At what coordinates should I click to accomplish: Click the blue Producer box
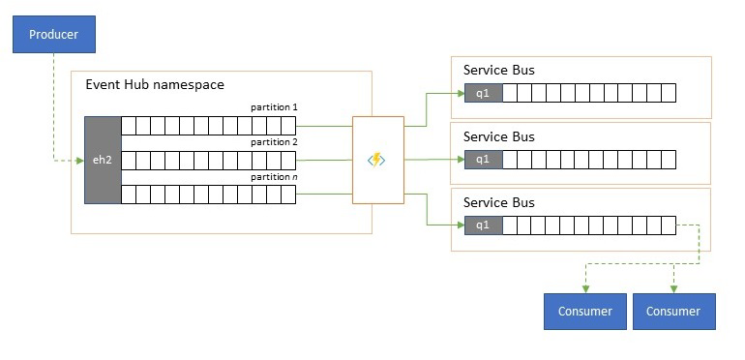(52, 36)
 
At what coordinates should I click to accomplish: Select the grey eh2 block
(103, 160)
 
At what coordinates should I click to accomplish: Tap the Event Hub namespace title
(156, 85)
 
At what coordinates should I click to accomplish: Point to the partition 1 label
(274, 106)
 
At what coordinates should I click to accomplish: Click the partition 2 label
(274, 142)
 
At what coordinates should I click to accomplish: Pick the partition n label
(274, 177)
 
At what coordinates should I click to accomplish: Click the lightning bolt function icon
(376, 160)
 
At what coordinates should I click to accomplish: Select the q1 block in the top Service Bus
(483, 94)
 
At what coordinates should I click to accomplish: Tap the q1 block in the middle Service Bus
(483, 160)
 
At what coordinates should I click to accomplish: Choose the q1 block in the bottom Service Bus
(483, 225)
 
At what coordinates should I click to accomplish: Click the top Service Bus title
(498, 71)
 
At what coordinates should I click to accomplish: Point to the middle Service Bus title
(498, 136)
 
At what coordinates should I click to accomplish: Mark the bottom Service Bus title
(498, 202)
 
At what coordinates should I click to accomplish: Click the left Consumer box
(584, 312)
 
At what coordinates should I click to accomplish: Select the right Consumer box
(673, 312)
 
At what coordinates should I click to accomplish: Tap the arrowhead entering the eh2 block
(80, 160)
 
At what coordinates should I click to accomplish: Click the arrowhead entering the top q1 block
(460, 94)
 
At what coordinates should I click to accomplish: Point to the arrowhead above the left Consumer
(584, 288)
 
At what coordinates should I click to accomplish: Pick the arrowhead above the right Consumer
(673, 288)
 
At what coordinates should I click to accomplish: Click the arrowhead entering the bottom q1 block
(460, 225)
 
